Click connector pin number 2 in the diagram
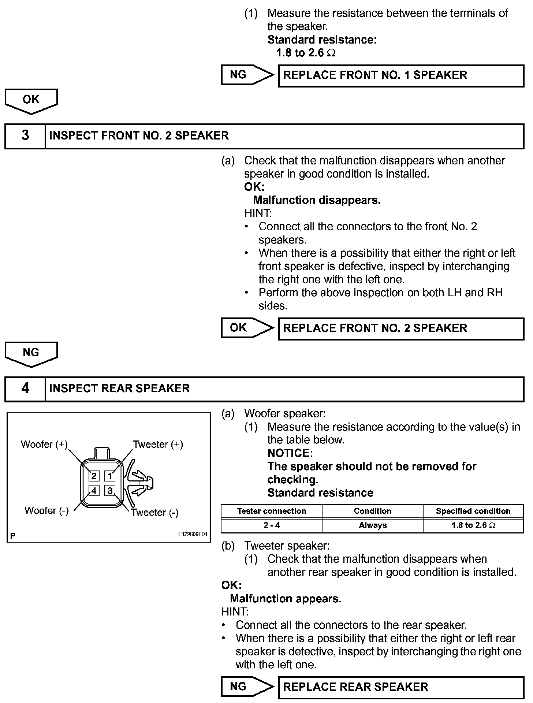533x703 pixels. click(94, 476)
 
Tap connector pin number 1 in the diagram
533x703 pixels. click(110, 476)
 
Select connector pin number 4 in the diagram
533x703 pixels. click(94, 490)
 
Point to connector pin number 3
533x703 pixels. click(110, 490)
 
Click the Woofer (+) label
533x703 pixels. click(44, 445)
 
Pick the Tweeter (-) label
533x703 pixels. click(155, 513)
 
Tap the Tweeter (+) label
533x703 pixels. click(158, 445)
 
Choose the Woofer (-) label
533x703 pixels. click(46, 510)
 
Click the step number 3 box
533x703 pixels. click(25, 135)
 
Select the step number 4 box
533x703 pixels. click(25, 388)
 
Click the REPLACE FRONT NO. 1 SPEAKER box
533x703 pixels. click(401, 75)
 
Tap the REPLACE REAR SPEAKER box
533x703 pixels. click(401, 687)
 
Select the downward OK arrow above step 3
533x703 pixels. click(31, 100)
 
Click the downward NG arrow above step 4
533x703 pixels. click(31, 353)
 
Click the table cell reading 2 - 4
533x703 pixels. click(272, 525)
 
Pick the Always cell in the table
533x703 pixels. click(373, 525)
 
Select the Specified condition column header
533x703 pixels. click(473, 511)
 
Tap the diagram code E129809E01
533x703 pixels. click(193, 534)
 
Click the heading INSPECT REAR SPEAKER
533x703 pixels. click(119, 388)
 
